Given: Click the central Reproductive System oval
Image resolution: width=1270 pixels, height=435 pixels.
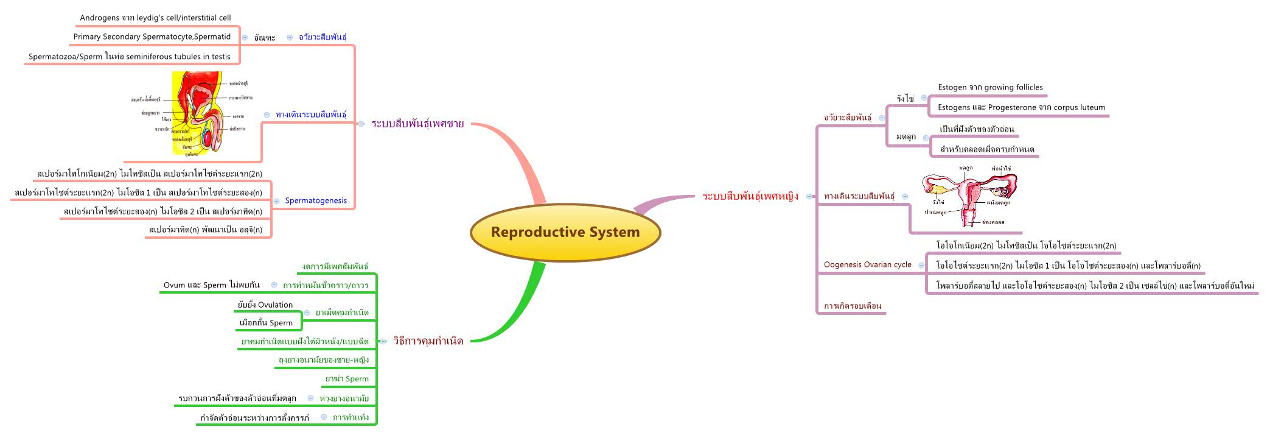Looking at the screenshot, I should tap(565, 232).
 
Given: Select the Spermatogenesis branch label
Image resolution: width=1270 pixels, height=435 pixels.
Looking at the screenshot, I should tap(315, 200).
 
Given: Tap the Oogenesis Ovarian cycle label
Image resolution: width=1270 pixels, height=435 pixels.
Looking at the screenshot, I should tap(867, 264).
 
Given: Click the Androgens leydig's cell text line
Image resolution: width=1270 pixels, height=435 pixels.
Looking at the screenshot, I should tap(155, 18).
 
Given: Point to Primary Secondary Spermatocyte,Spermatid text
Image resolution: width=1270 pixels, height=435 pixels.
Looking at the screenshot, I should tap(152, 37).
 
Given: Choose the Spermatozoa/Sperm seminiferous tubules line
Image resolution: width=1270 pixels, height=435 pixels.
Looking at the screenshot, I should tap(130, 57).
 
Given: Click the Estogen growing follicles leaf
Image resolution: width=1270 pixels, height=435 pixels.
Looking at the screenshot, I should tap(990, 87).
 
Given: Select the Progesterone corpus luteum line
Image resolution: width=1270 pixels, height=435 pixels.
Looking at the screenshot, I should tap(1021, 107).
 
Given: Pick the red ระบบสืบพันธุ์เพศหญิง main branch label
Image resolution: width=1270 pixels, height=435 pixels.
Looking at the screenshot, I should tap(750, 196).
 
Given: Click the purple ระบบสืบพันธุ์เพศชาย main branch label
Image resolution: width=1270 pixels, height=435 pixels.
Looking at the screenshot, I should tap(417, 124).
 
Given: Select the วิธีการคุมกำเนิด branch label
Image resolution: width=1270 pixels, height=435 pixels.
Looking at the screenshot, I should tap(428, 341).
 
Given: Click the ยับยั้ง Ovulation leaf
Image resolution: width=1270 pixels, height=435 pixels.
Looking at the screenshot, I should tap(265, 305).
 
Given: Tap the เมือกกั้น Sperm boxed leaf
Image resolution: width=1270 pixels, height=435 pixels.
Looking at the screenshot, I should tap(266, 323).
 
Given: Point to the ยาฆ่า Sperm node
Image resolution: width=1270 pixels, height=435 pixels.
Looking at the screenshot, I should tap(347, 379).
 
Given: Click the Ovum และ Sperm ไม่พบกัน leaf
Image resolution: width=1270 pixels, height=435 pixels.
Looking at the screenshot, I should tap(211, 285).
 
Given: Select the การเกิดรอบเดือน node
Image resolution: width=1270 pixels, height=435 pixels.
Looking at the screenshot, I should tap(852, 306).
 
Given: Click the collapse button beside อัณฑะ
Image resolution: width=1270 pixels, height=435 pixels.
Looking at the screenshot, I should tap(245, 37).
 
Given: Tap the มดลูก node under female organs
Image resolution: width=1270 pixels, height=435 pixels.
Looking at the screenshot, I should tap(905, 137).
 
